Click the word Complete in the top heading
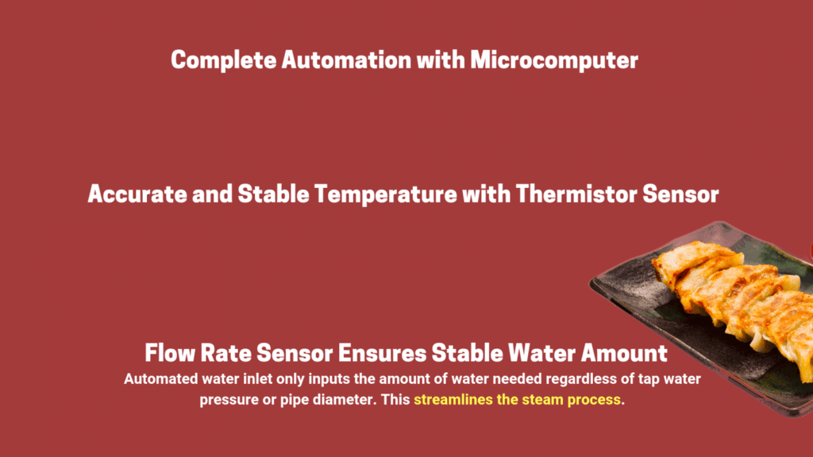(223, 60)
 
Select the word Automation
(346, 60)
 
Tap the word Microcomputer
(553, 60)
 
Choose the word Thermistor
(576, 194)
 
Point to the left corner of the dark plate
(590, 283)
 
